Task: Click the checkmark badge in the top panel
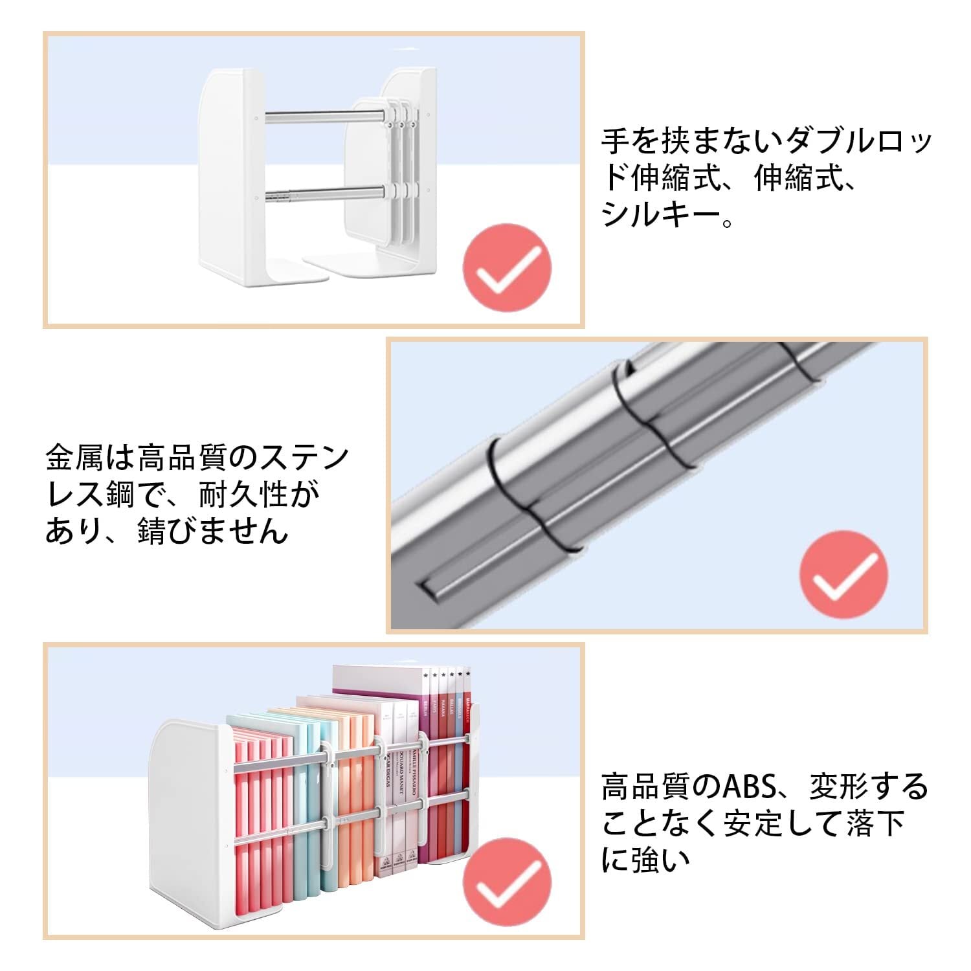point(507,267)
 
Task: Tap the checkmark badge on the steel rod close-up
point(843,574)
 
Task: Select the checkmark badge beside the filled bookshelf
point(507,882)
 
